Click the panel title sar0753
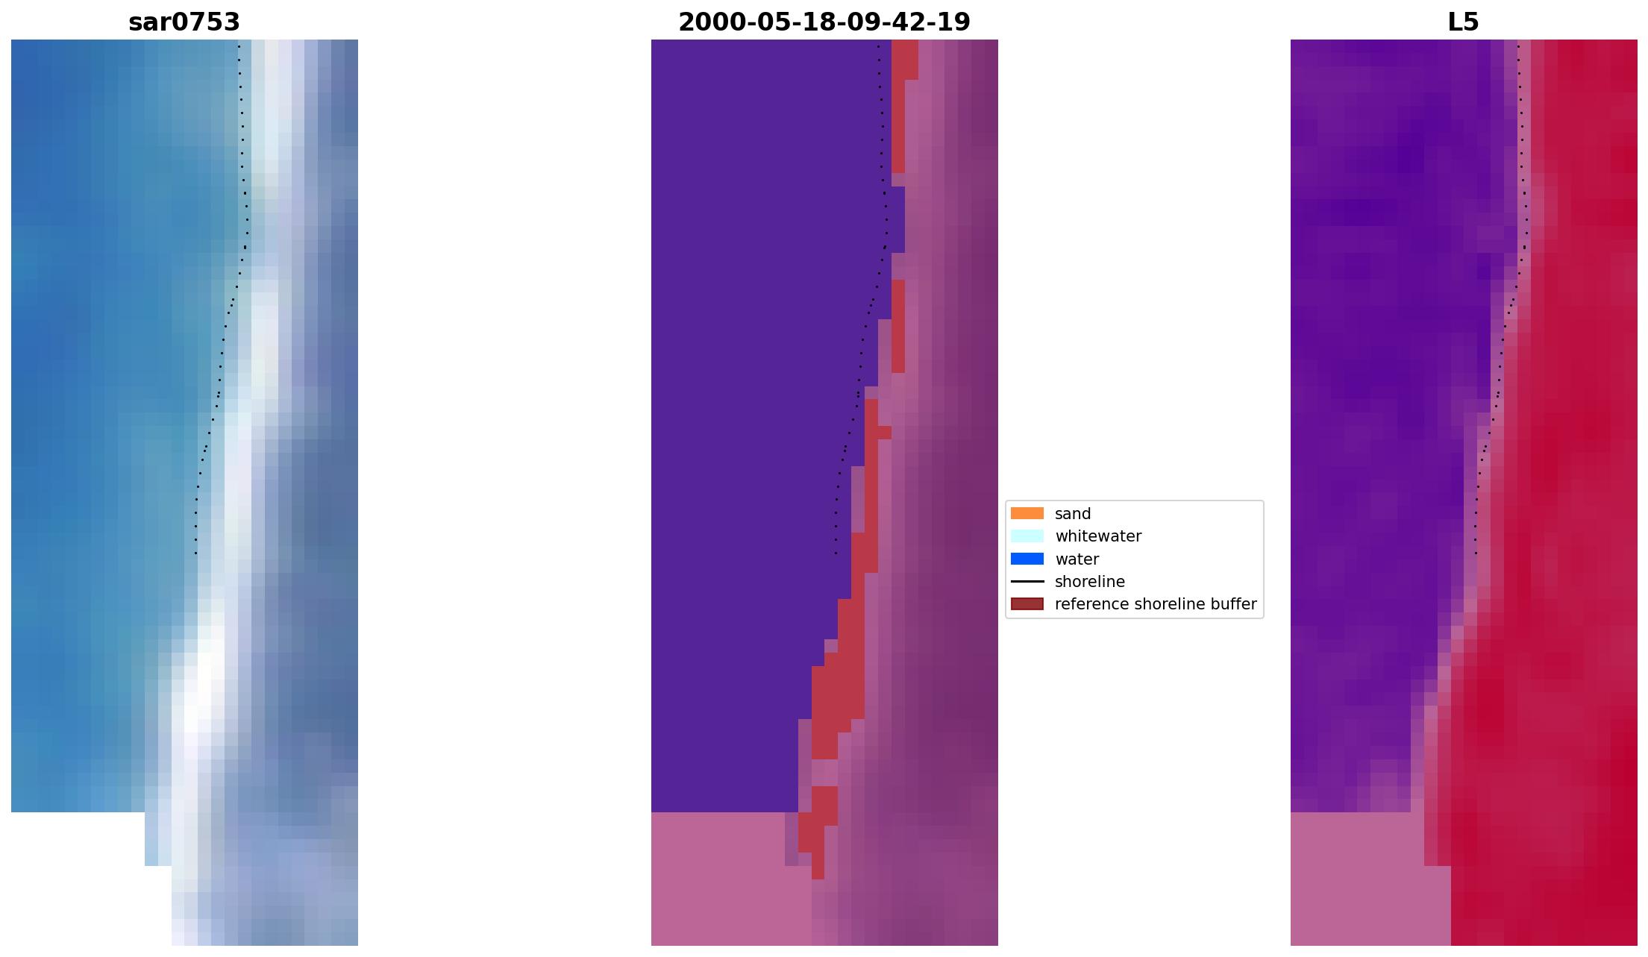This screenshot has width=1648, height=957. (184, 22)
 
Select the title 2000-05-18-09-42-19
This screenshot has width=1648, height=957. (824, 22)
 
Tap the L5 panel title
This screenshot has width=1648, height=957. (1463, 22)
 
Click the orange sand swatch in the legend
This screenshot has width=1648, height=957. (1027, 513)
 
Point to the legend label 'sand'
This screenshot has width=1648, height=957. (1073, 514)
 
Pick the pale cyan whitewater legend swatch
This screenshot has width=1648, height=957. (1027, 536)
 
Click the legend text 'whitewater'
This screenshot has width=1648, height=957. (1098, 536)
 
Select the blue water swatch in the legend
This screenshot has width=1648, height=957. (1027, 559)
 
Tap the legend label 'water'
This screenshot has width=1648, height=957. (1077, 559)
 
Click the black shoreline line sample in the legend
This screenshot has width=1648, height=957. (1027, 581)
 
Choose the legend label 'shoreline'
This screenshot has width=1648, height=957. (1089, 582)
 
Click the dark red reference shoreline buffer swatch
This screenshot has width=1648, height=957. (1027, 603)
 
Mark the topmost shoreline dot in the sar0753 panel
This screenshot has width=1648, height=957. (239, 46)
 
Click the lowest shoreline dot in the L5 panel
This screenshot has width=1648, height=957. (1476, 553)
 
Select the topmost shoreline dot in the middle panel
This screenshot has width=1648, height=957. (878, 46)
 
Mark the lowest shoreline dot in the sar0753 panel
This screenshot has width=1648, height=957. (195, 553)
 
